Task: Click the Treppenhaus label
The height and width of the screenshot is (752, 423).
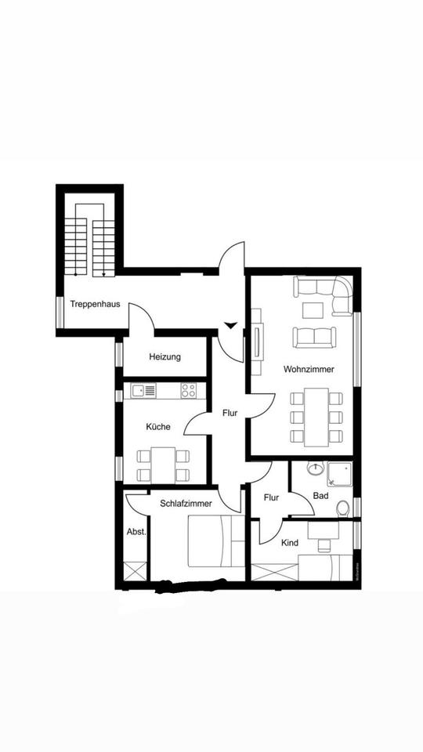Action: tap(95, 304)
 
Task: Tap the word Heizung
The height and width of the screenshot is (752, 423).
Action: tap(164, 357)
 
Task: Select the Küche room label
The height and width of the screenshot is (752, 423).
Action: tap(157, 428)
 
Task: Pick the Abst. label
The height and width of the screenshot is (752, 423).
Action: tap(136, 532)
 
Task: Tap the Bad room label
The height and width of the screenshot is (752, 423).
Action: tap(320, 496)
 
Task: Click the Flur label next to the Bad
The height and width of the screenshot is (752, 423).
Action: tap(271, 497)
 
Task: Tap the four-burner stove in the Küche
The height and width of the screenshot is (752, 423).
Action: tap(189, 389)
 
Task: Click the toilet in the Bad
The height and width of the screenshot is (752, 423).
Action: tap(343, 509)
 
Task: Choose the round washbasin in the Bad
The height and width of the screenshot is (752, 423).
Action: tap(315, 469)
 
